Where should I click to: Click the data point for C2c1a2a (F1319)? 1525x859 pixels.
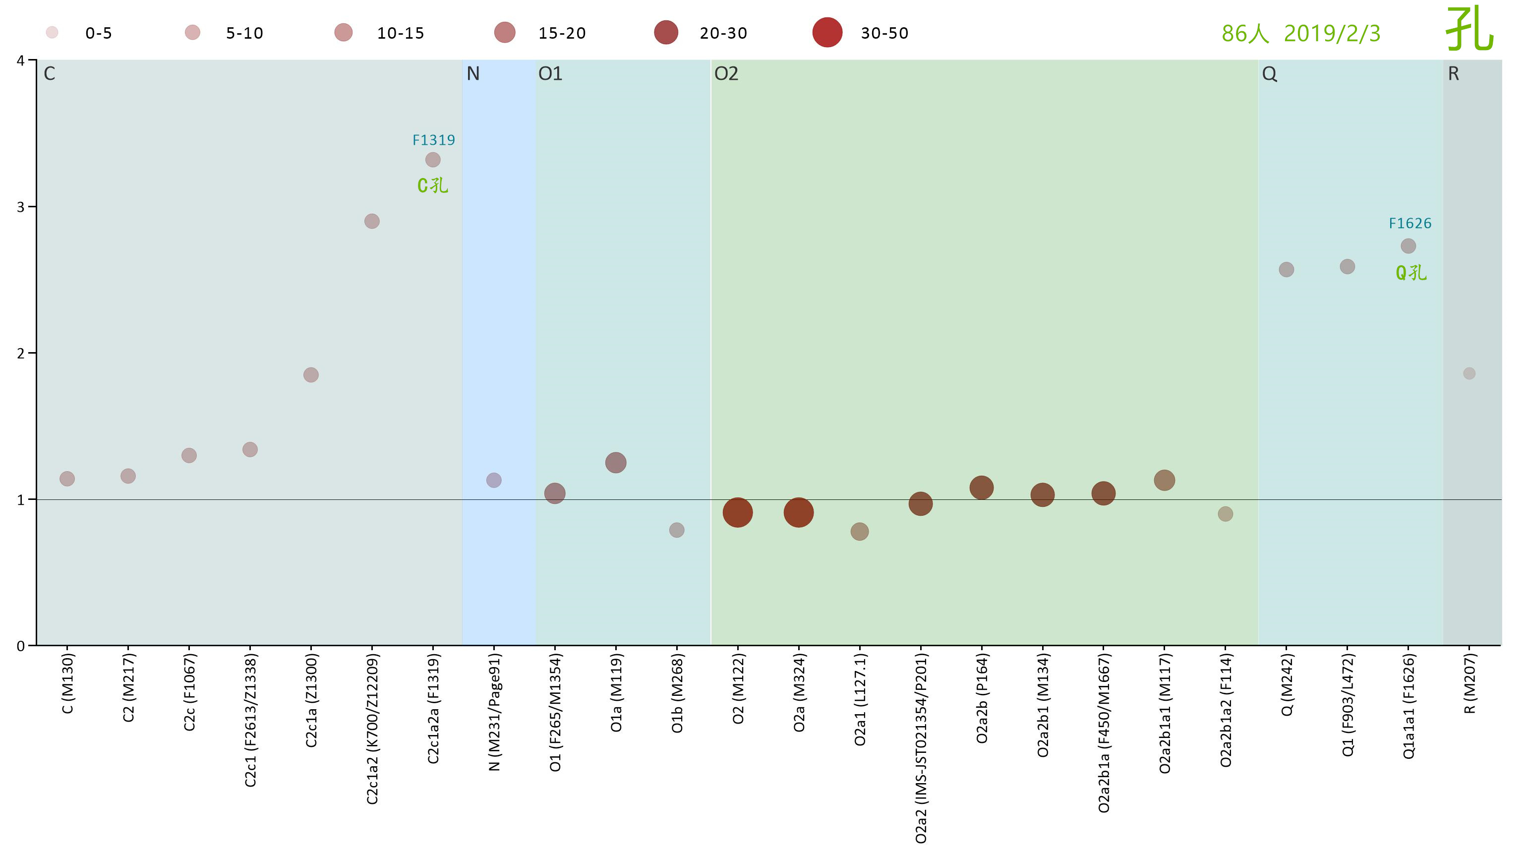[433, 160]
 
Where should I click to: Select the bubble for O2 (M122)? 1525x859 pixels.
[738, 512]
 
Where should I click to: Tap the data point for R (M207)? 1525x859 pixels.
[1469, 373]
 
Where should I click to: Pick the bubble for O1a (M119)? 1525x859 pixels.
[616, 463]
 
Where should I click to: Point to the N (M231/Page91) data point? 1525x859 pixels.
[494, 480]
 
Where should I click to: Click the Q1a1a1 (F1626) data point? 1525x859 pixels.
[1408, 246]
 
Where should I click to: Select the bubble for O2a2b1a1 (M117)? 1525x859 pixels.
[1165, 480]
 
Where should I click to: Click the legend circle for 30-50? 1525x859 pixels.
[827, 33]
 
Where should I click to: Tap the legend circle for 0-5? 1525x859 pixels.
[52, 33]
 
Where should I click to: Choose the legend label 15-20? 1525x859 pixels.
[562, 33]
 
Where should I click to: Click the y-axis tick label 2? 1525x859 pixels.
[21, 353]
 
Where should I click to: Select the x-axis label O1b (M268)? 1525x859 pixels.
[677, 693]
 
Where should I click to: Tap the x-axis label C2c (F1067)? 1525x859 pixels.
[189, 692]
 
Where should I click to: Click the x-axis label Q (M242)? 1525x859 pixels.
[1287, 684]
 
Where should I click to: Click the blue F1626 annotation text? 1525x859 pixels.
[1410, 223]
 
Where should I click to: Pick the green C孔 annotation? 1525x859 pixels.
[433, 185]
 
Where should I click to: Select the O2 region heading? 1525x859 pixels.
[726, 73]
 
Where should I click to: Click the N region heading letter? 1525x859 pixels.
[473, 73]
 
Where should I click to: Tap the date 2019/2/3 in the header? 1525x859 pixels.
[1332, 34]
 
